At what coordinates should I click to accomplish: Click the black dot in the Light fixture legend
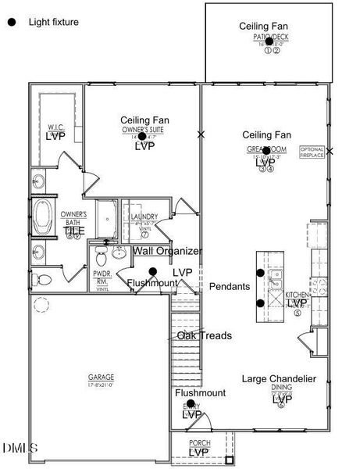(x=11, y=23)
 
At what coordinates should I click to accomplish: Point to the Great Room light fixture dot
(x=266, y=150)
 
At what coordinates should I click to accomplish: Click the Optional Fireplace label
(x=312, y=152)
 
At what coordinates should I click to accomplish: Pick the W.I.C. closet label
(x=55, y=127)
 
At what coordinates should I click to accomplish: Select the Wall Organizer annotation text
(x=167, y=251)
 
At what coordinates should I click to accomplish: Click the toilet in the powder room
(x=45, y=280)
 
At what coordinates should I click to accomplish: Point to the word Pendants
(x=230, y=287)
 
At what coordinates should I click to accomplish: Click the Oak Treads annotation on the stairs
(x=204, y=335)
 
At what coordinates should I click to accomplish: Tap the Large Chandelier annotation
(x=279, y=379)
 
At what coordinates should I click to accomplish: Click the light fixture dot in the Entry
(x=191, y=403)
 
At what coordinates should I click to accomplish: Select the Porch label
(x=199, y=443)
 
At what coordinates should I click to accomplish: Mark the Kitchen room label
(x=298, y=295)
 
